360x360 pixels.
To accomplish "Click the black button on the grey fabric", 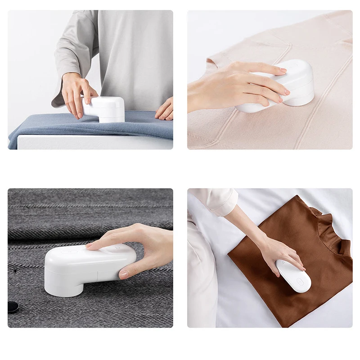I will coord(13,307).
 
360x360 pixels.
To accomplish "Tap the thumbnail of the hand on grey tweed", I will coord(124,274).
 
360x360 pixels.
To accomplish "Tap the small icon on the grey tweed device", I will coord(118,247).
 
